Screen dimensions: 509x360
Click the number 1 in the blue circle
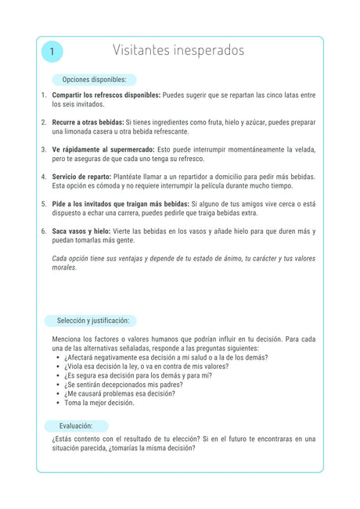[x=52, y=52]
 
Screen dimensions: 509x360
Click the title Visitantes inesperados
[x=178, y=51]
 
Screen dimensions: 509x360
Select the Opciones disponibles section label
[x=94, y=80]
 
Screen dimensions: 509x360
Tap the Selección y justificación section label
[x=92, y=321]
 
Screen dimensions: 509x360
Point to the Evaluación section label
[x=76, y=426]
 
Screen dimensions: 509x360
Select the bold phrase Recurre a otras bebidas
[x=88, y=122]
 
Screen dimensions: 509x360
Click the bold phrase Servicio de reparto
[x=81, y=177]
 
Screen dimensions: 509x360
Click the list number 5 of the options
[x=44, y=203]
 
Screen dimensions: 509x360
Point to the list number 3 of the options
[x=44, y=149]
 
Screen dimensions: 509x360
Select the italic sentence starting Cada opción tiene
[x=183, y=263]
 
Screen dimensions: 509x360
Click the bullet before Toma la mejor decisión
[x=59, y=403]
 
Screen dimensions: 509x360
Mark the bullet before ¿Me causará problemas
[x=59, y=394]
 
